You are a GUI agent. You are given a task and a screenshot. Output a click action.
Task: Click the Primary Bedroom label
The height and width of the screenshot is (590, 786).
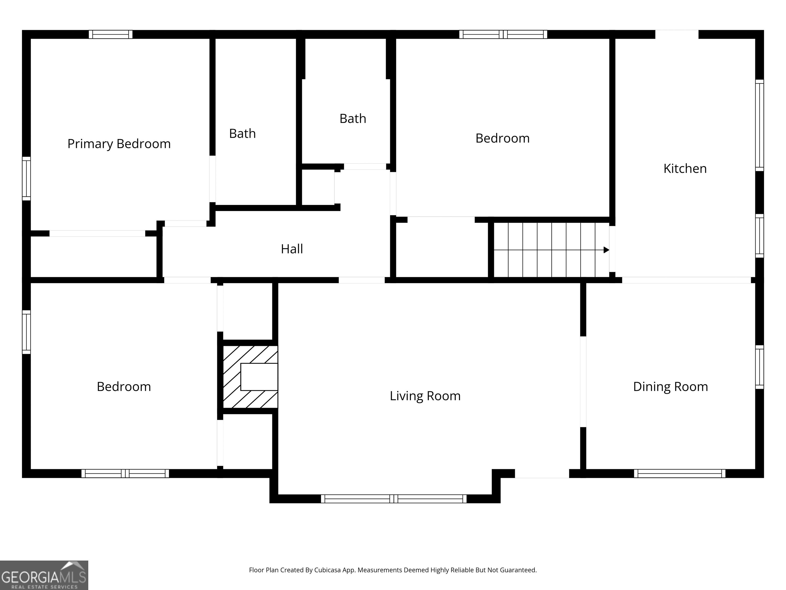coord(119,144)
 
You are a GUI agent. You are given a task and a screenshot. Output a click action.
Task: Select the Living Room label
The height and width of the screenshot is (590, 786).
coord(425,396)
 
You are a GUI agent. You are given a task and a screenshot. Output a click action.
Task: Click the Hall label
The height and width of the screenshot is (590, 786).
coord(292,249)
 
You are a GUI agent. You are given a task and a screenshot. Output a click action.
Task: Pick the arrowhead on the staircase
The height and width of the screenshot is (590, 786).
coord(606,250)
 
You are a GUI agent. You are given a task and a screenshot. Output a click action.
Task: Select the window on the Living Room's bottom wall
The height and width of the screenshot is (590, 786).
coord(394,499)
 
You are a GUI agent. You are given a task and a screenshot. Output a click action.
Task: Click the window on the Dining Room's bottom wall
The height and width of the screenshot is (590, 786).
coord(679,473)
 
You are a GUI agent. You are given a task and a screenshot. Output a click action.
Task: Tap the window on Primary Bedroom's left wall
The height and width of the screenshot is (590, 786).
coord(26,178)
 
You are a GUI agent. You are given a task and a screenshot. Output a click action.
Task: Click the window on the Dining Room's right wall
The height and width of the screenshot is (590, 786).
coord(759,367)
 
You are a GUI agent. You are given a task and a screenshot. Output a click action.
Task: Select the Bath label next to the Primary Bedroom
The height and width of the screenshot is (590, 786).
coord(242,134)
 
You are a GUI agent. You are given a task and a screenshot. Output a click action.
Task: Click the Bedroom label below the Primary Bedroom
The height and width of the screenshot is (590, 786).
coord(124,387)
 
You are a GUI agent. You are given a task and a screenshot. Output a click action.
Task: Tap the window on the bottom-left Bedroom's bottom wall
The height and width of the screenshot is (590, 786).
coord(125,473)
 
